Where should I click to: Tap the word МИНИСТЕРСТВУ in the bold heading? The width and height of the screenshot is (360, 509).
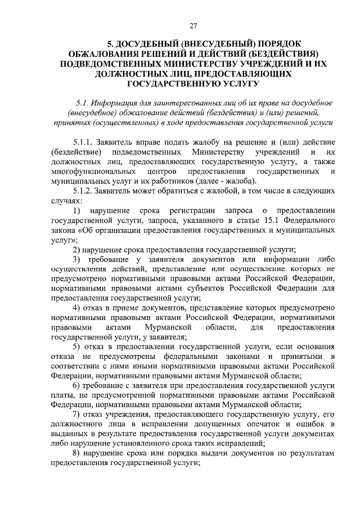(207, 65)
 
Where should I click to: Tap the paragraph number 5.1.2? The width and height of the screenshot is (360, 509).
(83, 191)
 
